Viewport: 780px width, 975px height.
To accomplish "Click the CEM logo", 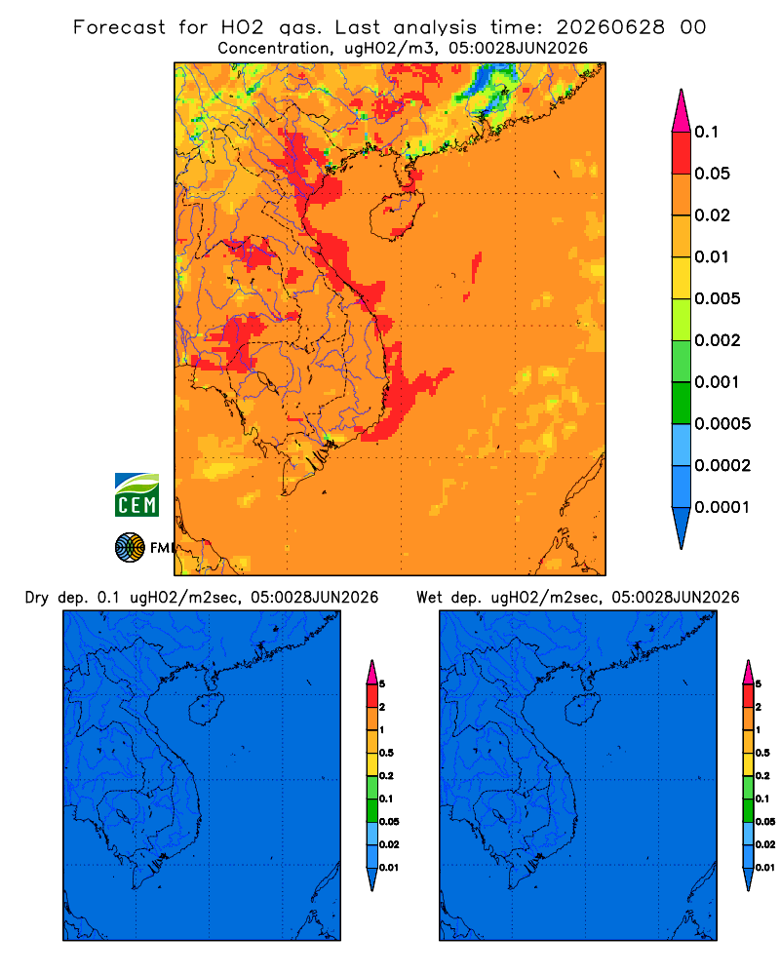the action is point(136,495).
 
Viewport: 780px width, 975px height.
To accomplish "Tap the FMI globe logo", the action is point(130,547).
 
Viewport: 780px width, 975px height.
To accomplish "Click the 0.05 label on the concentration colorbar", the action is point(712,174).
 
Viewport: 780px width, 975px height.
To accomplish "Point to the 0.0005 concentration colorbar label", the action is point(722,424).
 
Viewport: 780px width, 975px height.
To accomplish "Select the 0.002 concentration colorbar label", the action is point(718,340).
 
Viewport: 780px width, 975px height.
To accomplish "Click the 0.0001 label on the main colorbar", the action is point(722,507).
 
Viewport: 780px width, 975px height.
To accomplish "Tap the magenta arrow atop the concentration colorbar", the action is point(682,111).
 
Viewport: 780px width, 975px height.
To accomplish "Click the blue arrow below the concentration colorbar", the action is point(682,527).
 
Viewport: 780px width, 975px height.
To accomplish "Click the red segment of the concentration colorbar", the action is point(682,153).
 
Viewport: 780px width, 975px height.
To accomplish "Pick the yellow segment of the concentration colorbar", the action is point(682,278).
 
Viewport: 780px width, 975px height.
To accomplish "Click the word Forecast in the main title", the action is point(119,27).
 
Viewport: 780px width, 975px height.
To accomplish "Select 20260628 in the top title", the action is point(610,27).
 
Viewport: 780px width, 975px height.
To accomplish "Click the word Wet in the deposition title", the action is point(429,598).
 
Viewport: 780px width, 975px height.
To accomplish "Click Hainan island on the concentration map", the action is point(397,214).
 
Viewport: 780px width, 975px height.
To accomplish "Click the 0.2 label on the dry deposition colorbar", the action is point(386,776).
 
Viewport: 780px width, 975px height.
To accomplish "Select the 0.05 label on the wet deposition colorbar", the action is point(764,822).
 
